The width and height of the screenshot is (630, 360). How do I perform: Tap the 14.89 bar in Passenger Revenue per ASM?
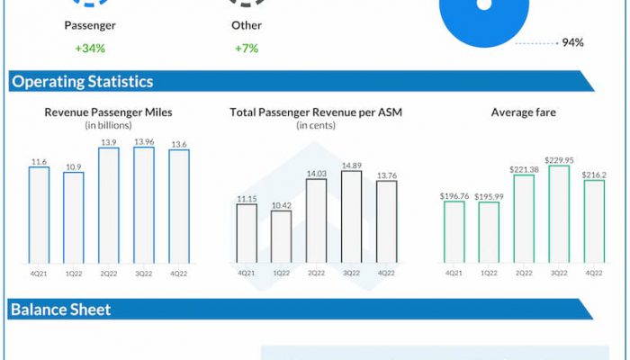[x=351, y=216]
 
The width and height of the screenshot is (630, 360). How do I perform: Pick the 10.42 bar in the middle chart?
[x=281, y=236]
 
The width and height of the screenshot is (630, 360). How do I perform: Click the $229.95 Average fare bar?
[x=559, y=214]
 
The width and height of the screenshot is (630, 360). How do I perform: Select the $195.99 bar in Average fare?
[x=489, y=232]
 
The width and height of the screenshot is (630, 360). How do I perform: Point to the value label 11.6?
[x=39, y=161]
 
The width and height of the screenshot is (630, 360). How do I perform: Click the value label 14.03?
[x=316, y=173]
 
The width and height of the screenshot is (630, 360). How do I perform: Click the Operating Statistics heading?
[x=82, y=82]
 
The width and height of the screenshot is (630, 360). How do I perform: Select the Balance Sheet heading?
[x=60, y=310]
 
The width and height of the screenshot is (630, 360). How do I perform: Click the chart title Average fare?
[x=523, y=112]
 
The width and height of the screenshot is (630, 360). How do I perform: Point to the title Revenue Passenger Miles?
[x=108, y=112]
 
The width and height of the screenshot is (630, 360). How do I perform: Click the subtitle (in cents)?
[x=316, y=125]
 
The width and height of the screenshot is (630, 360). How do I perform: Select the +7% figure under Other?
[x=246, y=48]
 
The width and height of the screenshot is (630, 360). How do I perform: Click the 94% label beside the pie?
[x=572, y=42]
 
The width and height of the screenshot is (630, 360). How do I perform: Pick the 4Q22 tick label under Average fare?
[x=594, y=271]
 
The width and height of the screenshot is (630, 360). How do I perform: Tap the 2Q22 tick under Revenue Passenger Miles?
[x=109, y=271]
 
